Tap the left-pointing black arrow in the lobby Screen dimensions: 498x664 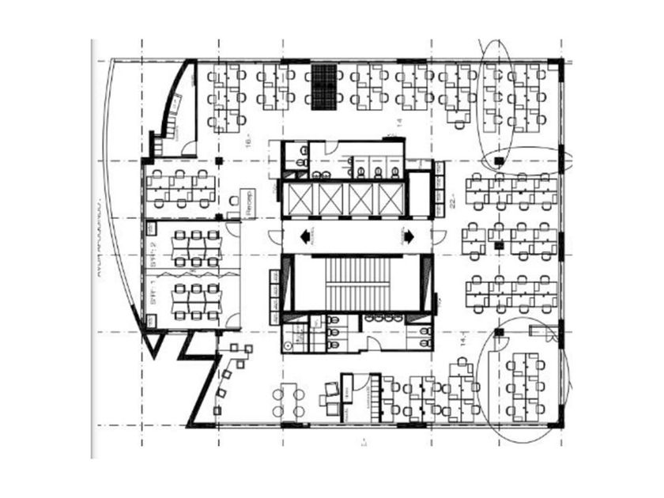(x=304, y=235)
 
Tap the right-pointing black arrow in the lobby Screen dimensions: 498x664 (x=409, y=235)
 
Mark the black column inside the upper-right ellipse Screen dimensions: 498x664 (x=497, y=161)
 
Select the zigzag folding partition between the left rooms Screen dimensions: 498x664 (x=194, y=270)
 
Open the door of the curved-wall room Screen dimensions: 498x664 (x=188, y=147)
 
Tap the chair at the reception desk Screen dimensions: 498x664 (x=233, y=202)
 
